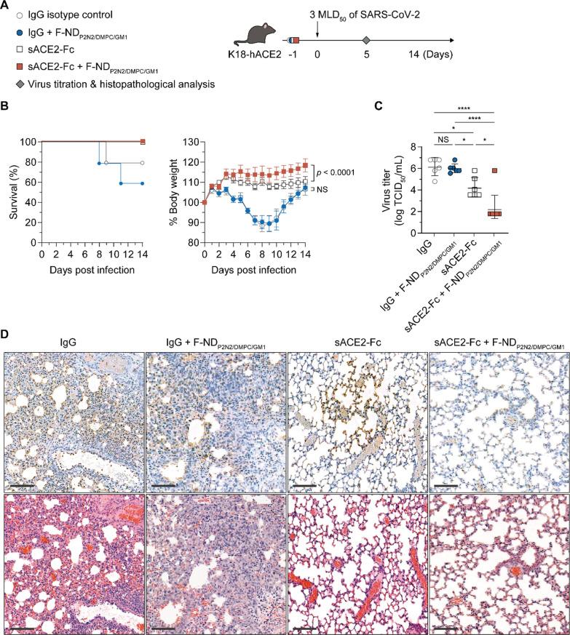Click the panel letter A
tap(7, 7)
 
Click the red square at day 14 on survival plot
tap(143, 141)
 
